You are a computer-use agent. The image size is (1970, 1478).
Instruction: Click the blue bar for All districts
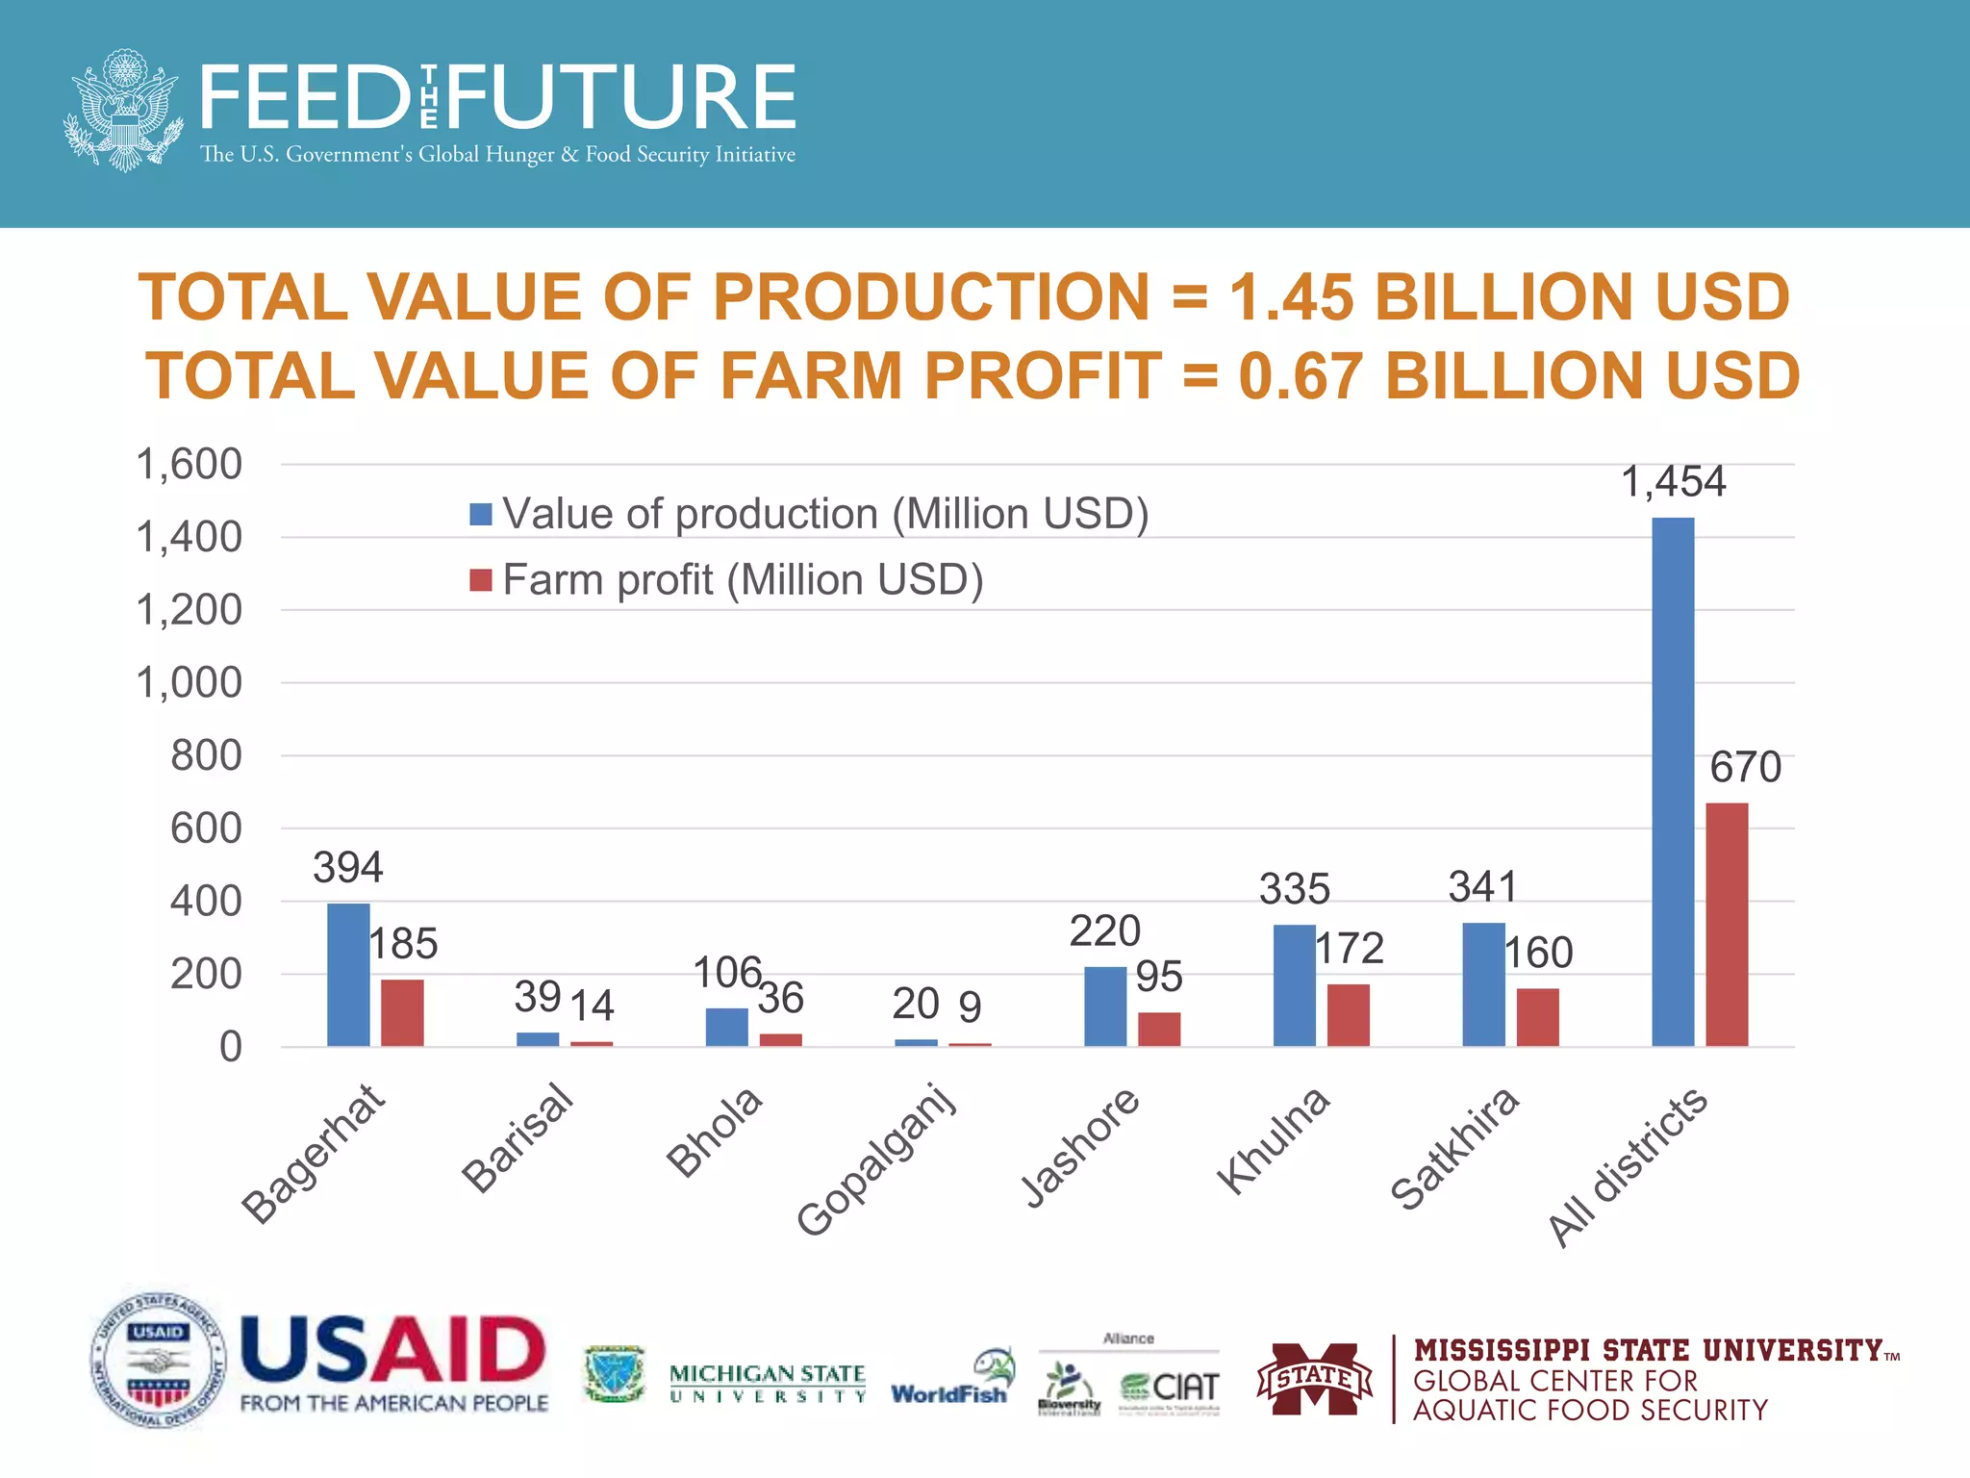tap(1673, 781)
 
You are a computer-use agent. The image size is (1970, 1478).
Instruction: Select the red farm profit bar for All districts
tap(1727, 924)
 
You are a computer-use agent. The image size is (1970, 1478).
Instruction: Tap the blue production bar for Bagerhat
tap(348, 974)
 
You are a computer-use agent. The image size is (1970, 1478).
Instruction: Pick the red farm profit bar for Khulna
tap(1348, 1014)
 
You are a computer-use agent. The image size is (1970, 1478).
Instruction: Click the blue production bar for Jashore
tap(1104, 1006)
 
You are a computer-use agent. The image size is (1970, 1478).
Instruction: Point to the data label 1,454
tap(1673, 481)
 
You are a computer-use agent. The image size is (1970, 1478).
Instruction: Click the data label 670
tap(1745, 767)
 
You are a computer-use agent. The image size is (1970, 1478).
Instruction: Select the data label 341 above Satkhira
tap(1482, 886)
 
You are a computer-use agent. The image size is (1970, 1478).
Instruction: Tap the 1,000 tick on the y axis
tap(189, 683)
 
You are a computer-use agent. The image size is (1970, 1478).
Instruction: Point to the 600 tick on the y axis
tap(206, 828)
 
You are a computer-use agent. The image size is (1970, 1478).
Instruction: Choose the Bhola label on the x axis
tap(715, 1132)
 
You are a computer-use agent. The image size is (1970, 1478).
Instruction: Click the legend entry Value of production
tap(824, 514)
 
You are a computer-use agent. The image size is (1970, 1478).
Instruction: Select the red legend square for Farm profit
tap(481, 580)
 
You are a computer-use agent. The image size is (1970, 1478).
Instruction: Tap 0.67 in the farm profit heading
tap(1300, 375)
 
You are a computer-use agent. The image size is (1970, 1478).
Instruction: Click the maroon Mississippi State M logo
tap(1315, 1378)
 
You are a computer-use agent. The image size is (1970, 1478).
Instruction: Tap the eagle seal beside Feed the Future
tap(123, 111)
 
